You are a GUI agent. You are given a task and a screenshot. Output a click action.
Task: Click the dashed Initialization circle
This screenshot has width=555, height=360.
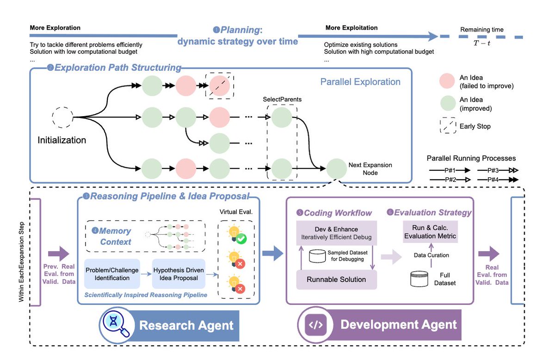coord(62,117)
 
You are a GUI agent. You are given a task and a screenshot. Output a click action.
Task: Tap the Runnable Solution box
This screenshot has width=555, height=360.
coord(336,279)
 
